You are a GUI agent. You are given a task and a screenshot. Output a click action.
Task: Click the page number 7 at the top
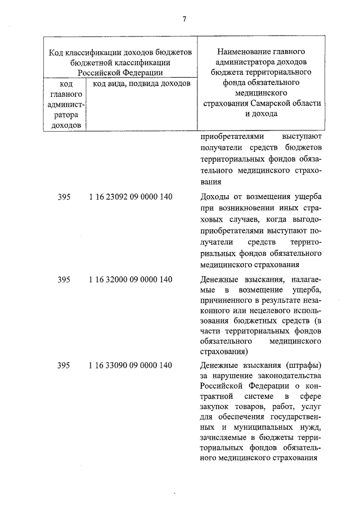pyautogui.click(x=183, y=19)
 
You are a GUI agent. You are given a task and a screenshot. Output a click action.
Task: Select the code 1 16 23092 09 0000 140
pyautogui.click(x=130, y=197)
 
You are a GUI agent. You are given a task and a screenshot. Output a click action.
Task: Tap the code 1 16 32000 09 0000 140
pyautogui.click(x=130, y=280)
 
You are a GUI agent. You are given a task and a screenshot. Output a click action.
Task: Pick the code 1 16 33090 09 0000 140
pyautogui.click(x=130, y=366)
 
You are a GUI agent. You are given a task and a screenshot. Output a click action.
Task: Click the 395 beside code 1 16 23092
pyautogui.click(x=64, y=197)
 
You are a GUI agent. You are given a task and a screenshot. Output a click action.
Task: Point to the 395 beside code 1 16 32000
pyautogui.click(x=64, y=280)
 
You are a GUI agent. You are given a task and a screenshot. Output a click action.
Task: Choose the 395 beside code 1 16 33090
pyautogui.click(x=64, y=366)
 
